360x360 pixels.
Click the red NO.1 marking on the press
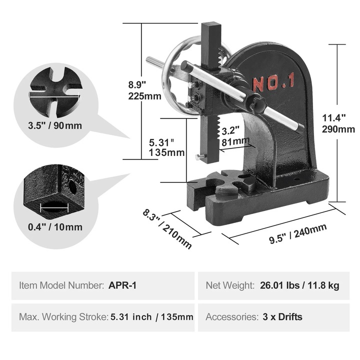(x=273, y=82)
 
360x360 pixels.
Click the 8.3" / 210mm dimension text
(x=167, y=228)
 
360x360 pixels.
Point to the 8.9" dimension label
(x=136, y=84)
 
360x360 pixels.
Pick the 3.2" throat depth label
(x=230, y=131)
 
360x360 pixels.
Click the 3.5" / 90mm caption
(x=55, y=125)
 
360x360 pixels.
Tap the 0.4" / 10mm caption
(x=55, y=226)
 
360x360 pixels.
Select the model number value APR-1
(x=122, y=285)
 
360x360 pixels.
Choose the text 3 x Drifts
(x=282, y=316)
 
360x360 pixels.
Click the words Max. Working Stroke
(x=63, y=316)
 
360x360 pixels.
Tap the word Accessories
(x=229, y=316)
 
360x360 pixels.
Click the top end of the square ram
(x=211, y=25)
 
